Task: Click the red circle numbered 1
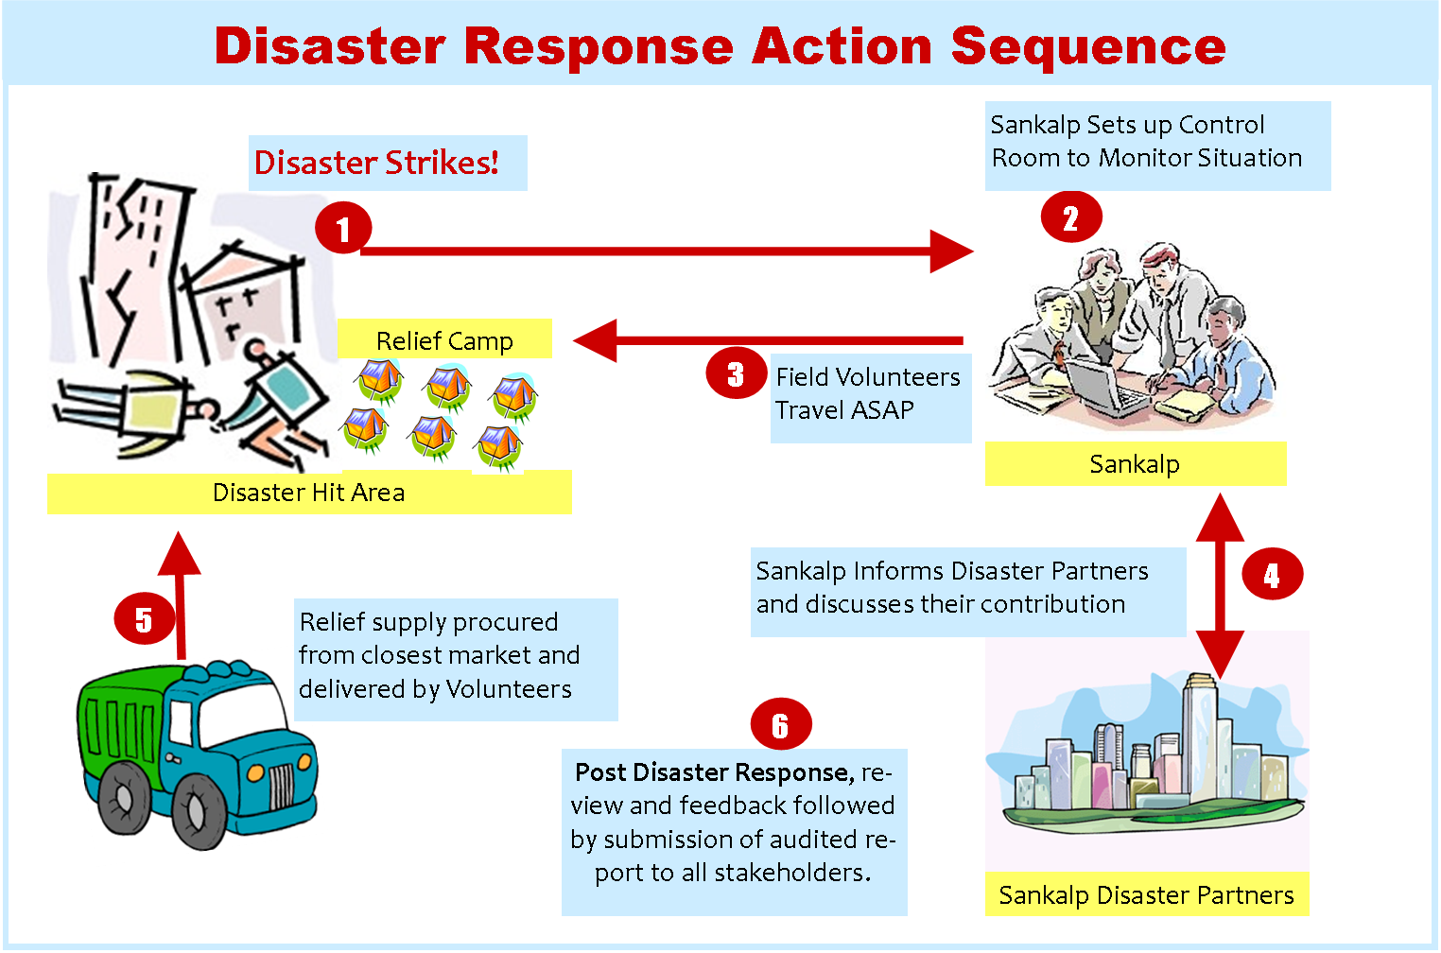pos(343,228)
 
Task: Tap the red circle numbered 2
pos(1071,217)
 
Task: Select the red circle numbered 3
pos(737,373)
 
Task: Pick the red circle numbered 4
pos(1272,574)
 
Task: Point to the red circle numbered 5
pos(144,619)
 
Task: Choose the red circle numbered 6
pos(780,725)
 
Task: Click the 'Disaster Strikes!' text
pos(376,163)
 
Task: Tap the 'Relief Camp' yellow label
pos(444,340)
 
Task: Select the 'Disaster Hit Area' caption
pos(308,493)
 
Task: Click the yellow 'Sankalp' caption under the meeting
pos(1135,464)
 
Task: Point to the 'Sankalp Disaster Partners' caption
pos(1146,894)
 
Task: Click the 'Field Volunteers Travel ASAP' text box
pos(868,393)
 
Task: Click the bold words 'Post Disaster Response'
pos(714,772)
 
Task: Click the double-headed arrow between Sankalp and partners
pos(1220,586)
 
